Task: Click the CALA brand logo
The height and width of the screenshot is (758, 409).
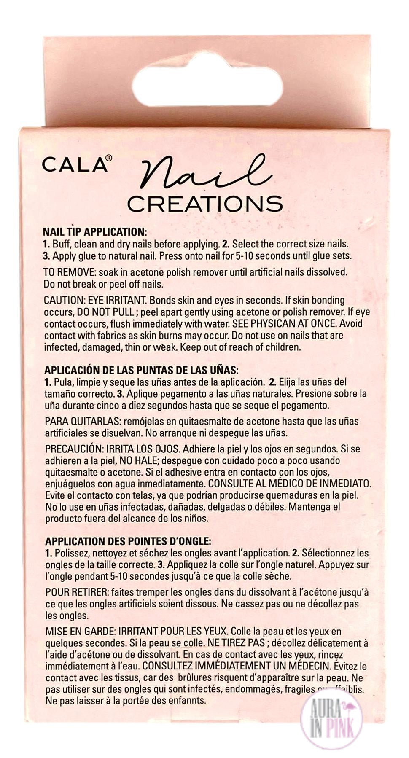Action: point(75,165)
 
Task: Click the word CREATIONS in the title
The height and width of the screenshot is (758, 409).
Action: point(205,204)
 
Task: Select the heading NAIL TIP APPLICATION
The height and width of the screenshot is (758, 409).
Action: point(94,232)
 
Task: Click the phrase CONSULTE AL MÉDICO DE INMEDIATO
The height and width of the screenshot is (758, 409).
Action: point(290,483)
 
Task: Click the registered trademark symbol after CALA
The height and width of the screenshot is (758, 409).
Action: point(109,158)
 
